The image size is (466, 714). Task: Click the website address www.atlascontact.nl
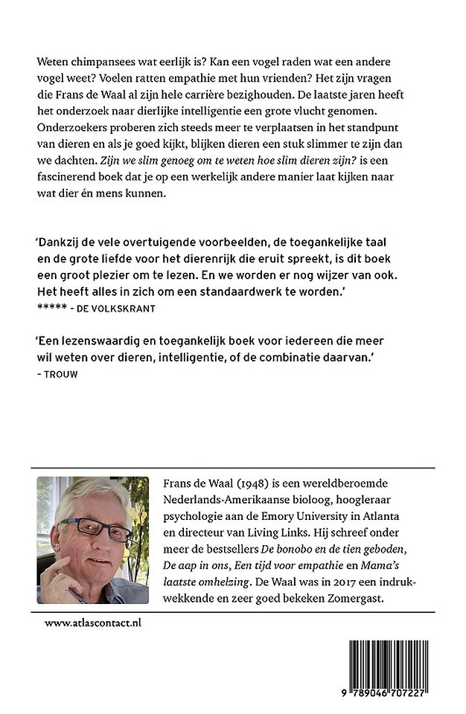pos(92,622)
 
